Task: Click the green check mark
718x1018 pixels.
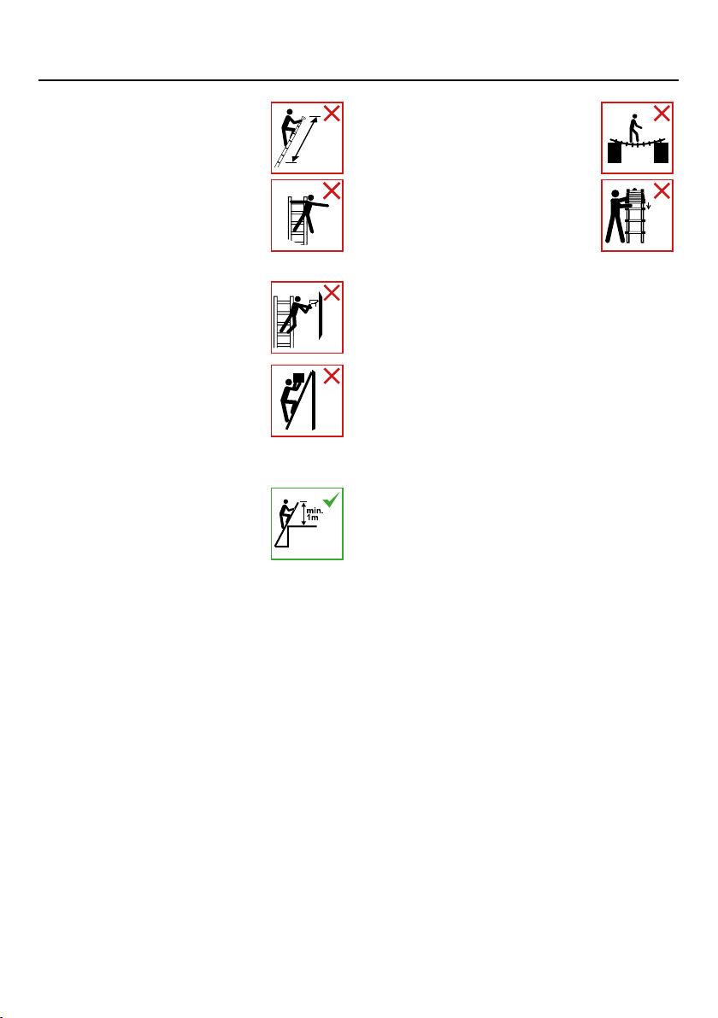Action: [x=331, y=500]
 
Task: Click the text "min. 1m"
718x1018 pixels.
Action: [x=315, y=514]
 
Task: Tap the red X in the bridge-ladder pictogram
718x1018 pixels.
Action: [x=662, y=114]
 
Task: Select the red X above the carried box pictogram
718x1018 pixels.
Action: [x=332, y=376]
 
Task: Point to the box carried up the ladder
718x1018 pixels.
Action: [x=298, y=377]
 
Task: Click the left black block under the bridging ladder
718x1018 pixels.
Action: [x=615, y=153]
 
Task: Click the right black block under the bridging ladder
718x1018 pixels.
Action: [x=661, y=153]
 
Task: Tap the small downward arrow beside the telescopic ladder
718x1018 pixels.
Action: [x=648, y=207]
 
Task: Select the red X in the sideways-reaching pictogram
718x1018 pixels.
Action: [x=332, y=191]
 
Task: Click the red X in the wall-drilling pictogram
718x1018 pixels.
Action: [x=332, y=293]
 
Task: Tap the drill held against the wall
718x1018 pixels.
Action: [x=313, y=301]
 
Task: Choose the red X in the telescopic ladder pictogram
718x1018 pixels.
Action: [x=662, y=191]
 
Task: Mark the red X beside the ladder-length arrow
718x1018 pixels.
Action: [x=332, y=114]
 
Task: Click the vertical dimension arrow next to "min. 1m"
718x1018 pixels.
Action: [x=303, y=513]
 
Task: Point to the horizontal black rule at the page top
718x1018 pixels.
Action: [x=359, y=80]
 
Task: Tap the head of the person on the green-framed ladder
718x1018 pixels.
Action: [x=284, y=503]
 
